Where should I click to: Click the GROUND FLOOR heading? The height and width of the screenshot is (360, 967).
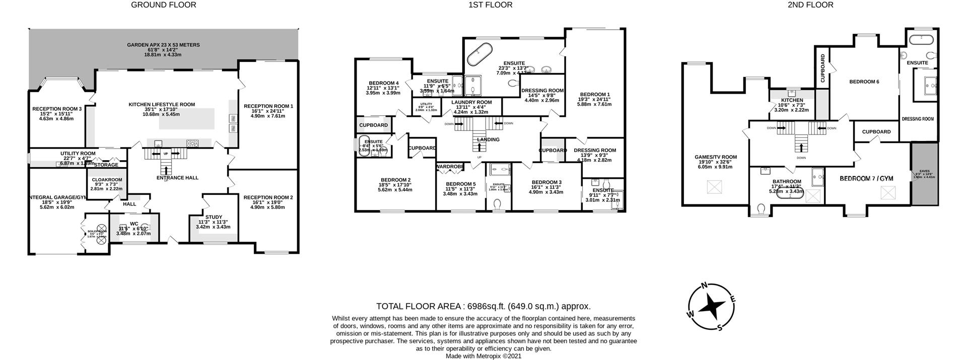(x=163, y=5)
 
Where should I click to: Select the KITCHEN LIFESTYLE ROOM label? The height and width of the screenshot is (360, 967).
(x=162, y=105)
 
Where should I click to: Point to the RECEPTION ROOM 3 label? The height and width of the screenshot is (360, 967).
(x=56, y=109)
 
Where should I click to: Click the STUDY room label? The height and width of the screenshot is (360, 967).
(x=214, y=217)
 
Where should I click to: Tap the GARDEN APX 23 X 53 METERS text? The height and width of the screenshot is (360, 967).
(x=163, y=45)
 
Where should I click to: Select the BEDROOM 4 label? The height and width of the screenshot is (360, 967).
(x=383, y=83)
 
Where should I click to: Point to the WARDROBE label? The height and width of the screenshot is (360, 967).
(x=450, y=167)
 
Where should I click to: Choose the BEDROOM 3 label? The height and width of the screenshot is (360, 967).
(x=546, y=182)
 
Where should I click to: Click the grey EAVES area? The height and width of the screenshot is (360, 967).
(x=925, y=174)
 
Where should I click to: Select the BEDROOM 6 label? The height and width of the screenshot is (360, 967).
(x=864, y=82)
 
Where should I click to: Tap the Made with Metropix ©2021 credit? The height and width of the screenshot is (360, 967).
(x=483, y=356)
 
